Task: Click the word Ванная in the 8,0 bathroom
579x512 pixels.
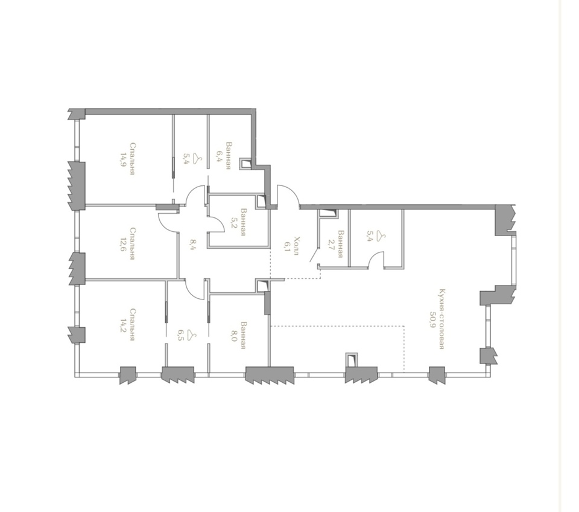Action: [x=243, y=335]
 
